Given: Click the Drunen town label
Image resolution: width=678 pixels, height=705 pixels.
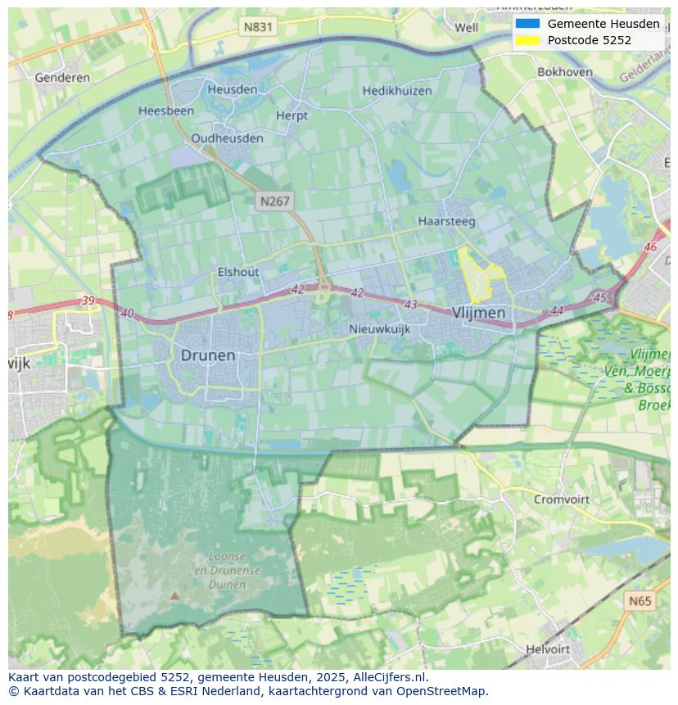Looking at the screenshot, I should pyautogui.click(x=208, y=355).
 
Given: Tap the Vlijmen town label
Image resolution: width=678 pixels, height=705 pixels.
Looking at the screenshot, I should pyautogui.click(x=478, y=313).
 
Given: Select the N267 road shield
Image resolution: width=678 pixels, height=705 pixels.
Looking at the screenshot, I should pyautogui.click(x=274, y=201).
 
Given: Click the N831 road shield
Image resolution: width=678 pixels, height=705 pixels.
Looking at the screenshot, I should pyautogui.click(x=258, y=27).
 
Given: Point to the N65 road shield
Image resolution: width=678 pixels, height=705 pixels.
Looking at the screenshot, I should pyautogui.click(x=640, y=601).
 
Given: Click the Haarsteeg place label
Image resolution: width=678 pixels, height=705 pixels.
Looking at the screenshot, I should pyautogui.click(x=446, y=221).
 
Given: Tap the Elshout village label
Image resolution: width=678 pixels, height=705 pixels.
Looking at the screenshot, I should pyautogui.click(x=238, y=272).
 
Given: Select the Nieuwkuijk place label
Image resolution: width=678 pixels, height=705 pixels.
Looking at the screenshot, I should pyautogui.click(x=379, y=329).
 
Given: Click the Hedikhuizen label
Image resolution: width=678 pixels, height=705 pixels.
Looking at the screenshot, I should pyautogui.click(x=397, y=91).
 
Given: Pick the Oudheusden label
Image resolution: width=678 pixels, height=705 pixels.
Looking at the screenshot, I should pyautogui.click(x=228, y=138).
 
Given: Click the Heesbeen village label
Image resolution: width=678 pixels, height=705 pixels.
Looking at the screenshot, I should pyautogui.click(x=166, y=111).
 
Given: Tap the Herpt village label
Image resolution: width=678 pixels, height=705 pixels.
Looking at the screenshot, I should pyautogui.click(x=292, y=115).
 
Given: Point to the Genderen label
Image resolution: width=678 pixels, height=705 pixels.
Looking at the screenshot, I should pyautogui.click(x=62, y=78).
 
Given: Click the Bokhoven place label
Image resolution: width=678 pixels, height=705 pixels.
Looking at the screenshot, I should pyautogui.click(x=565, y=72).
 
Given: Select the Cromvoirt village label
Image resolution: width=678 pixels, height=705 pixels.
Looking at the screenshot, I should pyautogui.click(x=562, y=499).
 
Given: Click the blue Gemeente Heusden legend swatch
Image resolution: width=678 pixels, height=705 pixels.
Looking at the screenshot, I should pyautogui.click(x=527, y=24).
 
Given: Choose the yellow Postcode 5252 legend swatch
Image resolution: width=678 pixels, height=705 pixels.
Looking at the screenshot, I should pyautogui.click(x=527, y=40).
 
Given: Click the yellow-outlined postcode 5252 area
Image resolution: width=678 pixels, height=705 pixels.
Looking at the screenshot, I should pyautogui.click(x=477, y=274).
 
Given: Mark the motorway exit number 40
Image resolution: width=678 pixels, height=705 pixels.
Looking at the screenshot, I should pyautogui.click(x=127, y=313).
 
